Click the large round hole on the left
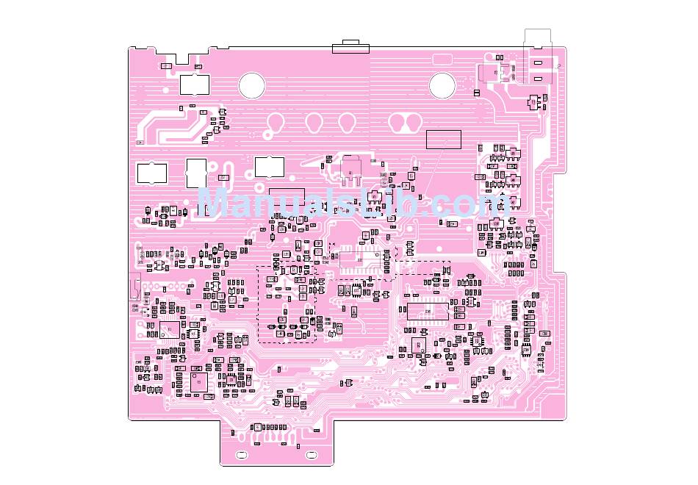pyautogui.click(x=251, y=85)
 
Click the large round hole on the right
pyautogui.click(x=442, y=85)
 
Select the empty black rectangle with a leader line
pyautogui.click(x=444, y=139)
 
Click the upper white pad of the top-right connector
pyautogui.click(x=538, y=64)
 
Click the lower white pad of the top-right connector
pyautogui.click(x=538, y=78)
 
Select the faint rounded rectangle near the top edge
pyautogui.click(x=443, y=59)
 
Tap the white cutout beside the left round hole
pyautogui.click(x=194, y=85)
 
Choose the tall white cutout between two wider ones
pyautogui.click(x=196, y=173)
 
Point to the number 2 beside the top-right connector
pyautogui.click(x=559, y=66)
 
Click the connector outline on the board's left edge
pyautogui.click(x=134, y=287)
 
